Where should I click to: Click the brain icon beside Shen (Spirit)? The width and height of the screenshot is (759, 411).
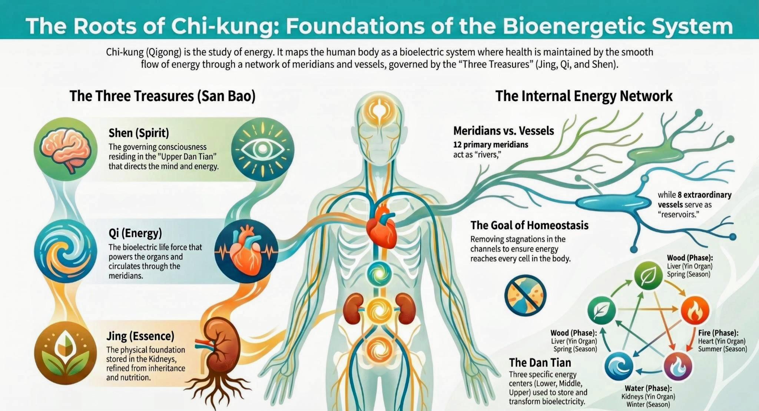65,150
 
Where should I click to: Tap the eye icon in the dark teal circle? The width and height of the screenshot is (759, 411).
263,149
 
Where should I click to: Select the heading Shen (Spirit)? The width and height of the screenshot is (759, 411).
139,133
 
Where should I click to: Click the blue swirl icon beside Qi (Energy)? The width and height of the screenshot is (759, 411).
65,251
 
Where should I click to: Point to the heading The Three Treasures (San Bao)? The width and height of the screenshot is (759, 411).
162,96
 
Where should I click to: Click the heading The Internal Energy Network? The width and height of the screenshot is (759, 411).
584,96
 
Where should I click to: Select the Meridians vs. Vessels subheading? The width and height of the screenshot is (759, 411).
503,131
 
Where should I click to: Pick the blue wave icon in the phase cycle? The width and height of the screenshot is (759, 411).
619,366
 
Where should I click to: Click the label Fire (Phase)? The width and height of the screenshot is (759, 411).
718,333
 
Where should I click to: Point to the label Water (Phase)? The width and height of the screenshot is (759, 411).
648,388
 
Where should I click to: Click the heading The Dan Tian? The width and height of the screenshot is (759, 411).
540,362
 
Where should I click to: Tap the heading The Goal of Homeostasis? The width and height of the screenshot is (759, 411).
529,225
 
